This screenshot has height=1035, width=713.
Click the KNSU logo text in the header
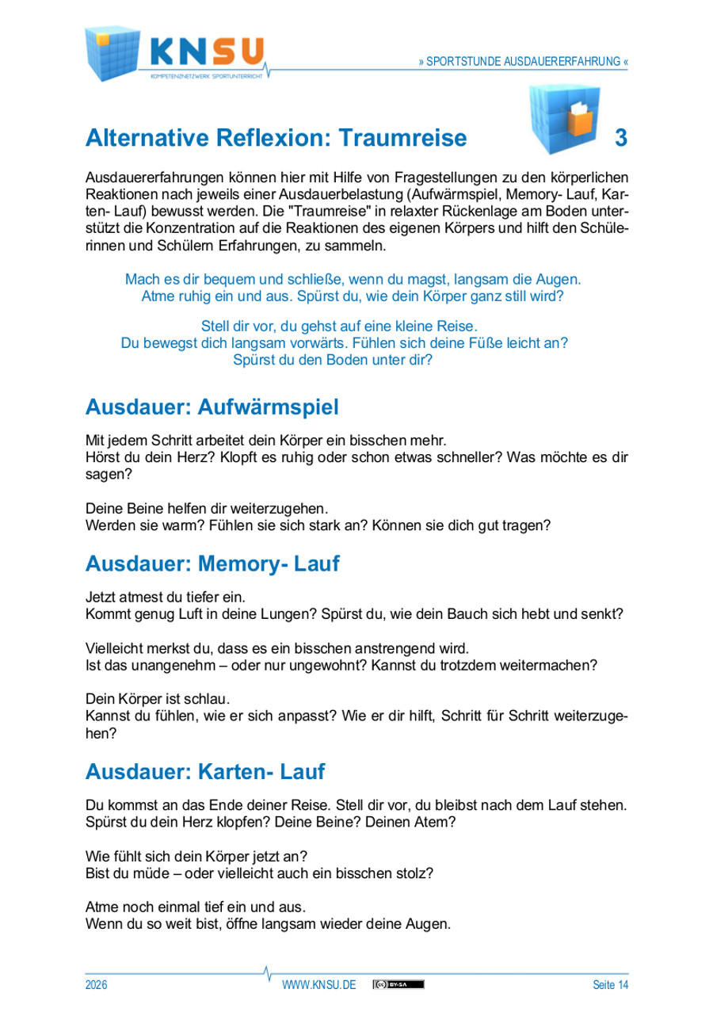[x=208, y=52]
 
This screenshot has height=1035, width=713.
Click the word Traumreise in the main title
[x=404, y=138]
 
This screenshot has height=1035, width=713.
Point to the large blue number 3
[x=621, y=138]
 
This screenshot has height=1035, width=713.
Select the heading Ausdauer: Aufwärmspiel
[x=212, y=408]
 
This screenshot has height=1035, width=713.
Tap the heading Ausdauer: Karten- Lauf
[x=204, y=770]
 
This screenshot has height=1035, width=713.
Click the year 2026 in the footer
[x=96, y=985]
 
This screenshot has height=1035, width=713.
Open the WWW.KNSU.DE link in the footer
[x=319, y=985]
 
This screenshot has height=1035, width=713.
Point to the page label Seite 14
[x=610, y=985]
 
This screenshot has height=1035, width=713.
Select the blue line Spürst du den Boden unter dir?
[x=333, y=359]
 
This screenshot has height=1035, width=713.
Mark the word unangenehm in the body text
[x=170, y=665]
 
